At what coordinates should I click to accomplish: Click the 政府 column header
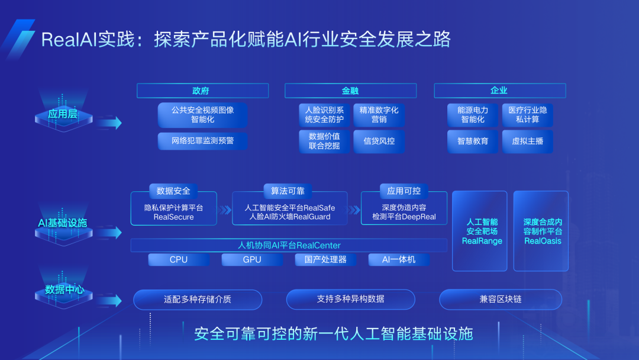(202, 91)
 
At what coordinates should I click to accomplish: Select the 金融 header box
(350, 91)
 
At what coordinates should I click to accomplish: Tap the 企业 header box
(499, 91)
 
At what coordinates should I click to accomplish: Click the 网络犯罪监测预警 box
(202, 141)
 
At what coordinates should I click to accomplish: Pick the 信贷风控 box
(379, 142)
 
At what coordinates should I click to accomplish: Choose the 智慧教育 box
(473, 142)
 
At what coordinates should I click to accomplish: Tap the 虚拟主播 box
(527, 142)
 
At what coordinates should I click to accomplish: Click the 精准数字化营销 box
(379, 115)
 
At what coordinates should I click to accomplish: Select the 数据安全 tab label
(173, 191)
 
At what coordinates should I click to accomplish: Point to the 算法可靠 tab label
(287, 191)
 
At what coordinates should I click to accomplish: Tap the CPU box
(179, 259)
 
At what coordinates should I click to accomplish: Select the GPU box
(252, 259)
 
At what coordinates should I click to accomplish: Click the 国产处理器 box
(325, 259)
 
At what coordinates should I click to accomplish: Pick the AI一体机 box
(399, 259)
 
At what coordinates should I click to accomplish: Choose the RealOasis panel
(543, 231)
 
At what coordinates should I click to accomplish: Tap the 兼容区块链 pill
(501, 299)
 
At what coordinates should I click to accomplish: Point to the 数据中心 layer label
(64, 290)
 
